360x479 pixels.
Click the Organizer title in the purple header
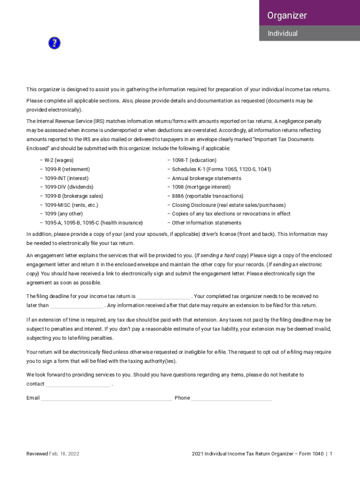click(x=287, y=15)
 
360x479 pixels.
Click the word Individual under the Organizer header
click(x=282, y=34)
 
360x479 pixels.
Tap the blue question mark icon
click(x=54, y=44)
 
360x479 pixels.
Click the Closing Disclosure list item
click(x=228, y=205)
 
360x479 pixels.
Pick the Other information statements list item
click(x=207, y=223)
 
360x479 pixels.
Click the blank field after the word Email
click(x=106, y=399)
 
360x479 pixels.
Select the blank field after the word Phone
click(x=231, y=399)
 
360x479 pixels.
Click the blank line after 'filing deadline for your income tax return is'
click(x=164, y=297)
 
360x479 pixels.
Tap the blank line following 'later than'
click(x=77, y=306)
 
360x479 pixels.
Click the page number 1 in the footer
click(x=331, y=454)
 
